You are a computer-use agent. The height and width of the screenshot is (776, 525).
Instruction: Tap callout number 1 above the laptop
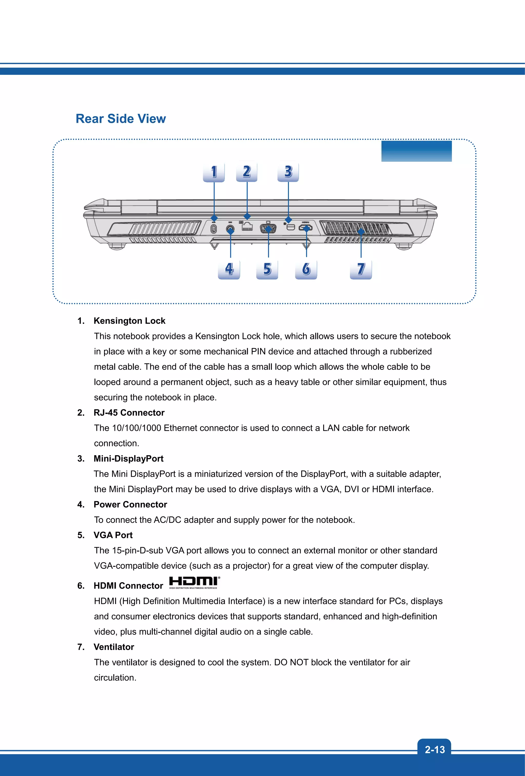pyautogui.click(x=214, y=172)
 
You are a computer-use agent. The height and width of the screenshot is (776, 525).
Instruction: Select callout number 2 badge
pyautogui.click(x=246, y=172)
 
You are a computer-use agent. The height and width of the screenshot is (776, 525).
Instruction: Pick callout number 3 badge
pyautogui.click(x=288, y=172)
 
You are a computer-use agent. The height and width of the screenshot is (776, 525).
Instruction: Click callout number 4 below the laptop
pyautogui.click(x=229, y=269)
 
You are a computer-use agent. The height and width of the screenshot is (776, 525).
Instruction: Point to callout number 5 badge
pyautogui.click(x=267, y=269)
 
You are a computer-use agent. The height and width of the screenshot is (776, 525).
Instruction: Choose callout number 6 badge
pyautogui.click(x=306, y=269)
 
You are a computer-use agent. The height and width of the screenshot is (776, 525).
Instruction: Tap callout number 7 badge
pyautogui.click(x=361, y=269)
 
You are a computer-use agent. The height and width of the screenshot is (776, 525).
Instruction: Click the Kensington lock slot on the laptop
pyautogui.click(x=214, y=229)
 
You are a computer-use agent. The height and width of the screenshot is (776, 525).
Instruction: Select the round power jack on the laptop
pyautogui.click(x=230, y=229)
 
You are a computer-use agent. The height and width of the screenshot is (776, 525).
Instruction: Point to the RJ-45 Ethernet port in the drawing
pyautogui.click(x=247, y=227)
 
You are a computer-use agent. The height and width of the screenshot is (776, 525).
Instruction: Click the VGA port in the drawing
pyautogui.click(x=268, y=229)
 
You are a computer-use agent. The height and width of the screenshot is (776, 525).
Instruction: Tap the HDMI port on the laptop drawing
pyautogui.click(x=306, y=228)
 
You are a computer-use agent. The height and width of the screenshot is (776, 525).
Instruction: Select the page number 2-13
pyautogui.click(x=435, y=750)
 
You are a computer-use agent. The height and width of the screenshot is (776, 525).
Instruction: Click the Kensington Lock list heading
pyautogui.click(x=129, y=321)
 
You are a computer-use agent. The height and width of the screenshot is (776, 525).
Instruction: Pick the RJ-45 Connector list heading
pyautogui.click(x=129, y=413)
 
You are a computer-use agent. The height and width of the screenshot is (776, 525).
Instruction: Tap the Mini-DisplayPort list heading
pyautogui.click(x=128, y=458)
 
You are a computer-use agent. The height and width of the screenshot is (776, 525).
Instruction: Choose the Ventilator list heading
pyautogui.click(x=114, y=647)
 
